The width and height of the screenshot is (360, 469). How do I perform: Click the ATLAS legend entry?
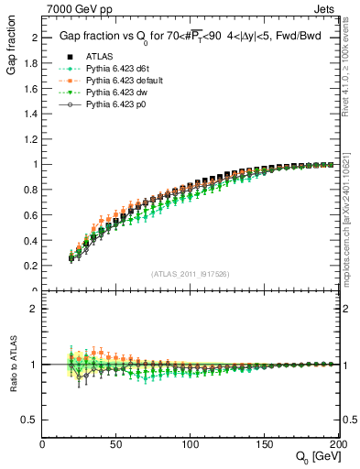[x=98, y=56]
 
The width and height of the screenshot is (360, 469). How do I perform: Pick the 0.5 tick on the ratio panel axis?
[x=33, y=419]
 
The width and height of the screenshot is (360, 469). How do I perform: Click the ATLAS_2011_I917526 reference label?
[x=189, y=275]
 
